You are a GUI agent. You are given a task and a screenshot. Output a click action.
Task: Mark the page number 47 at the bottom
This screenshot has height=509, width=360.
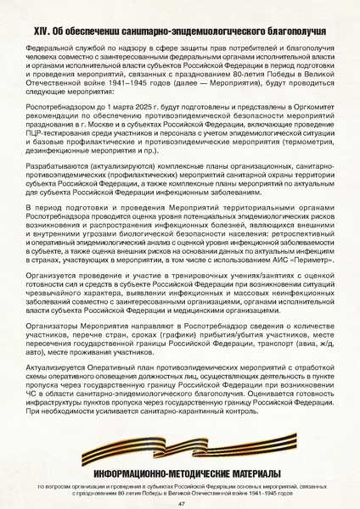point(181,502)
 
